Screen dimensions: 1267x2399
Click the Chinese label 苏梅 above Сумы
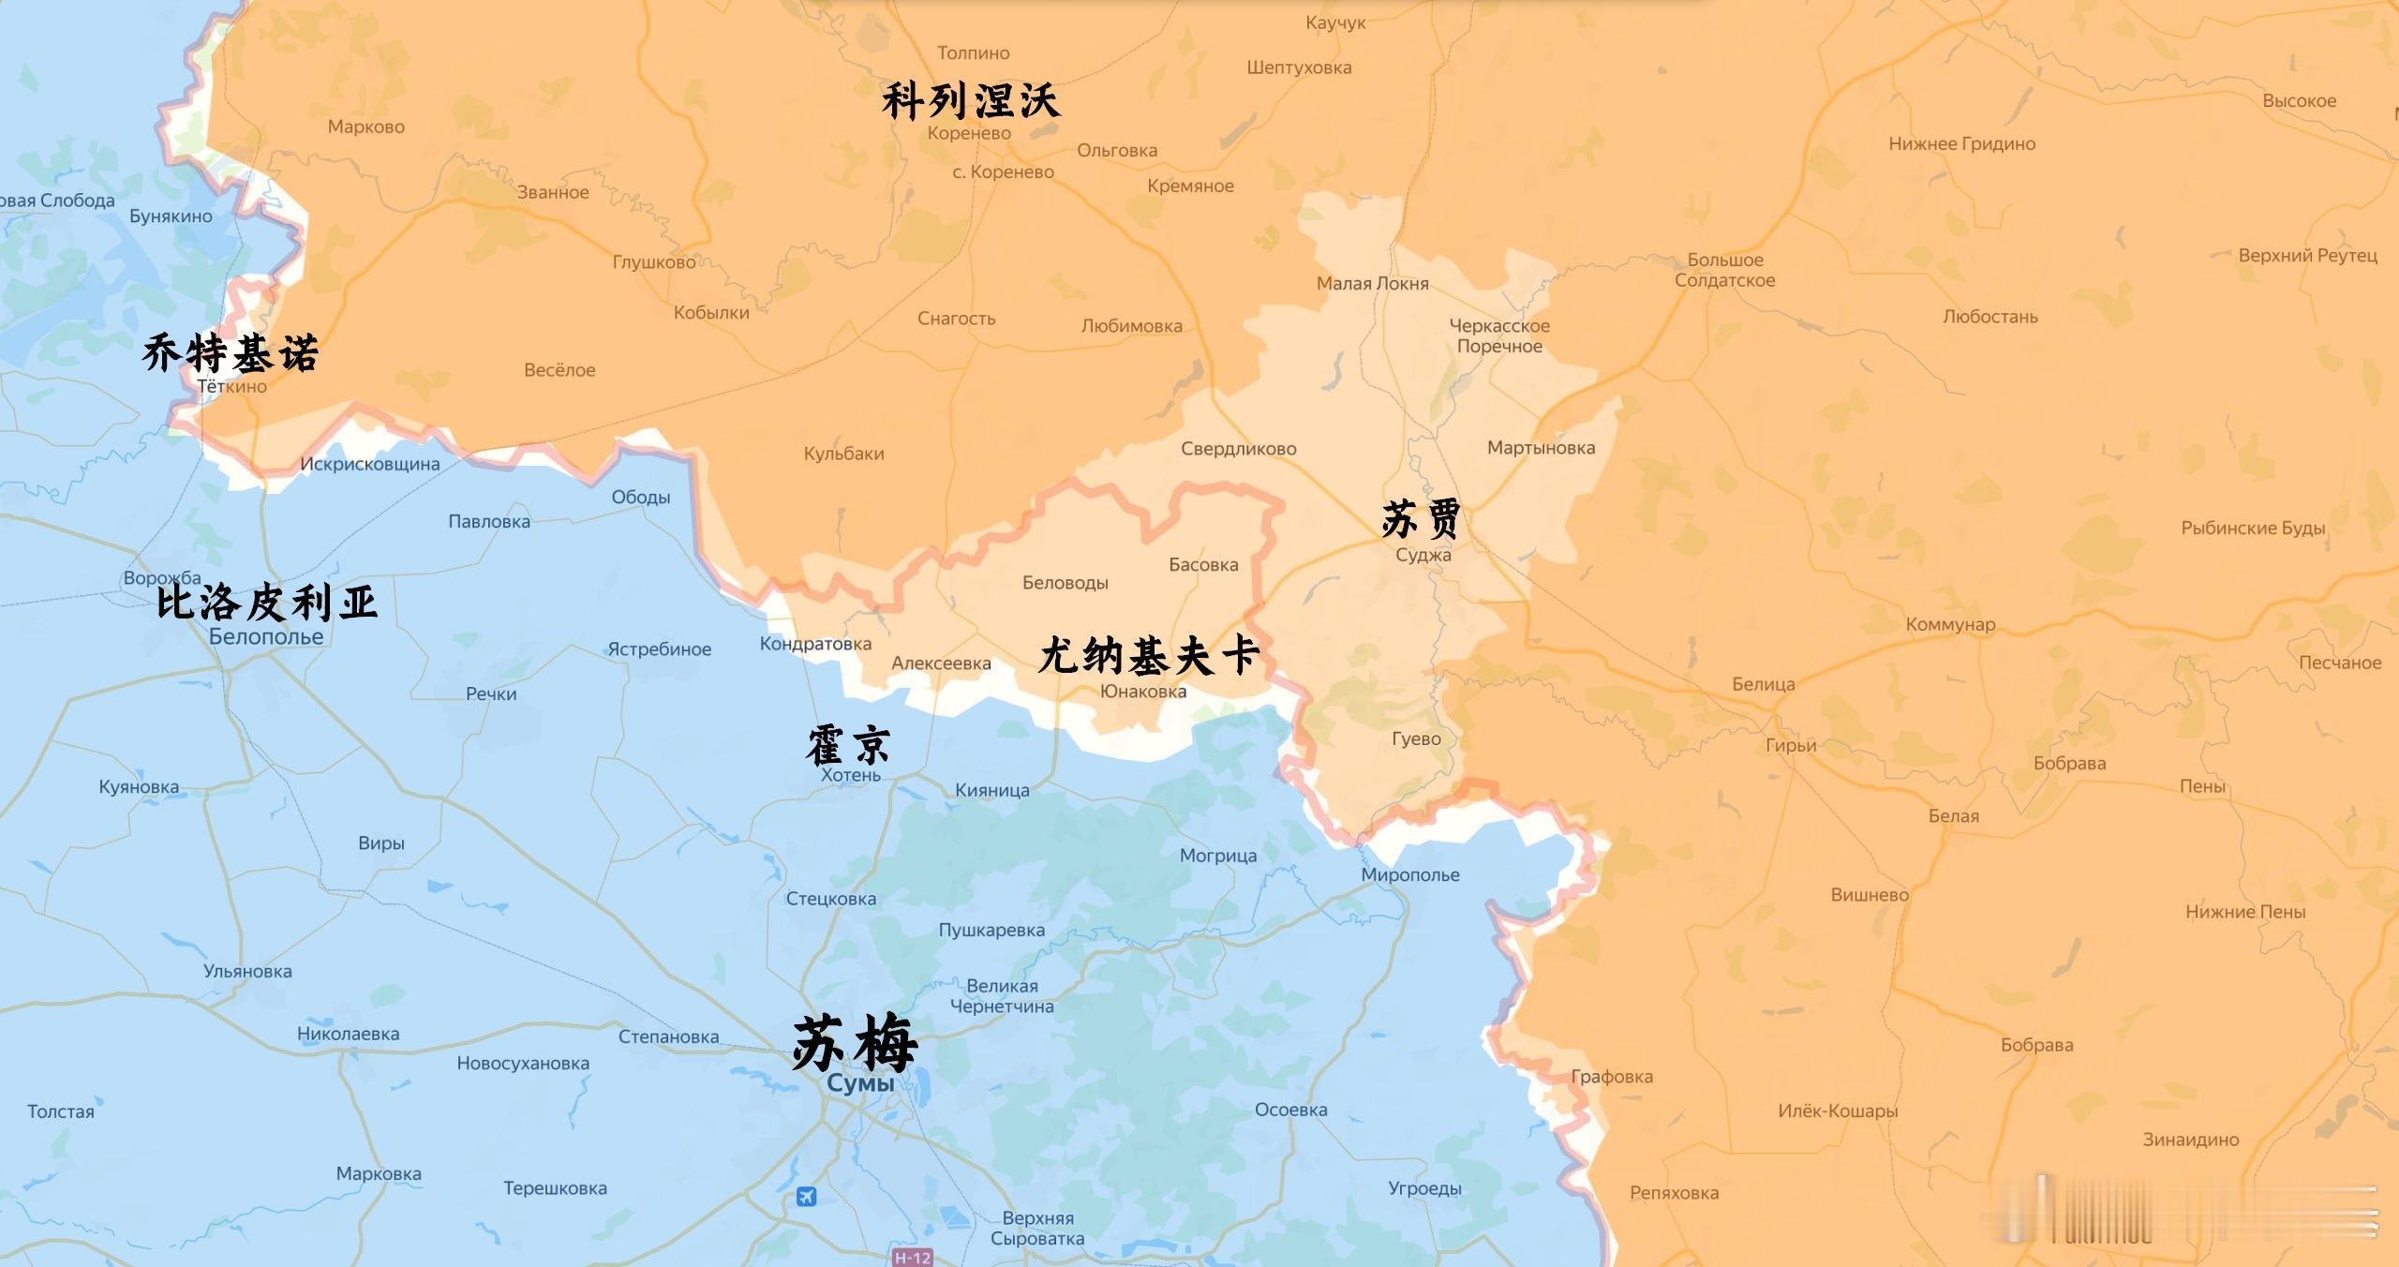point(855,1043)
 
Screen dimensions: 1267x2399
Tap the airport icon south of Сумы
point(806,1197)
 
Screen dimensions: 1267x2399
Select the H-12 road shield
point(912,1258)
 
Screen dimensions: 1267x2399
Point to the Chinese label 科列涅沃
point(971,101)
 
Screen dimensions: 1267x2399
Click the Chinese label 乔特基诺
point(231,354)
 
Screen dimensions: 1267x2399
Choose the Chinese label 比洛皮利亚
point(267,602)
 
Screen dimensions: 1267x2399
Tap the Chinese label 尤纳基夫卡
point(1149,655)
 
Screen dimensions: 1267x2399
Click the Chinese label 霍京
point(849,745)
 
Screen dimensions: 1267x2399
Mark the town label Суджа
point(1423,555)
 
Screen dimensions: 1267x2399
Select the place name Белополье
point(266,637)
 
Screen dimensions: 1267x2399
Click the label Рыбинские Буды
point(2253,529)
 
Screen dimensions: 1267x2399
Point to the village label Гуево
point(1416,739)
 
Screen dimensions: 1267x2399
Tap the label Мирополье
point(1410,875)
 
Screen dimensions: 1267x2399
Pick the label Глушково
point(654,262)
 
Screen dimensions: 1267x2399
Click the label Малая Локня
point(1372,284)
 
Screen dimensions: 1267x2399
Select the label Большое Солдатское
point(1724,270)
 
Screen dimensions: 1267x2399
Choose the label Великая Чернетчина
point(1002,996)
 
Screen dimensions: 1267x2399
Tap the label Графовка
point(1612,1077)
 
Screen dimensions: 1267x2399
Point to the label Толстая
point(61,1112)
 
